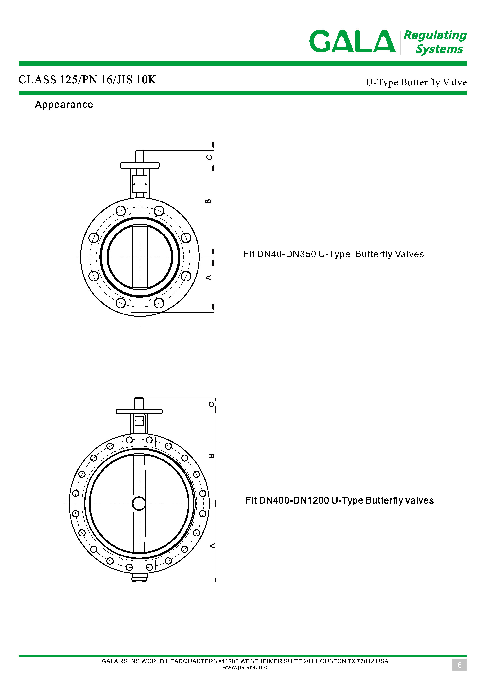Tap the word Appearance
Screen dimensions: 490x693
click(64, 105)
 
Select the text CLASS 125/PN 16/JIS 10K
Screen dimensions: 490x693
click(87, 80)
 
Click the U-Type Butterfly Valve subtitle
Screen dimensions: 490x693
click(416, 82)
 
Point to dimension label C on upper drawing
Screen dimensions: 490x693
click(209, 157)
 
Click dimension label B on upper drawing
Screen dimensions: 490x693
click(208, 201)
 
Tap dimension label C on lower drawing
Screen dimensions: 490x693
click(212, 404)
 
